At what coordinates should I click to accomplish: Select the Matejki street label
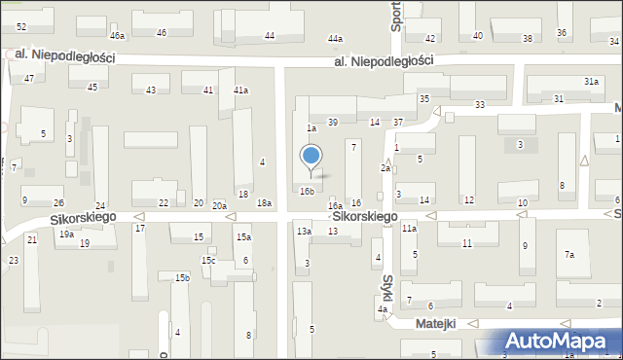436,323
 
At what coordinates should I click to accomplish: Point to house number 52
21,27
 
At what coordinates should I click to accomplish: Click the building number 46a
118,36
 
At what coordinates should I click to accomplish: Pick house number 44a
336,38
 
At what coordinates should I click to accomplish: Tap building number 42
432,37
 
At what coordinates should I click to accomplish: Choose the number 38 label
528,39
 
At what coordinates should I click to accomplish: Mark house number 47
29,78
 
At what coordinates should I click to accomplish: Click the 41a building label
240,90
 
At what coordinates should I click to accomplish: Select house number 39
333,122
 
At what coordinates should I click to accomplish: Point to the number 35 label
424,99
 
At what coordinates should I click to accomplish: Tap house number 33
480,104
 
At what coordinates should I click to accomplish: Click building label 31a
591,82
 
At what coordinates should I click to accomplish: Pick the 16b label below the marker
307,192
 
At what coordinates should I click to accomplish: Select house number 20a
220,205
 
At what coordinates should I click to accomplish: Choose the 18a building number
264,202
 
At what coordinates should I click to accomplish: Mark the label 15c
208,260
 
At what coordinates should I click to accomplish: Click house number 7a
569,255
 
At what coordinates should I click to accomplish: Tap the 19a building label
66,234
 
